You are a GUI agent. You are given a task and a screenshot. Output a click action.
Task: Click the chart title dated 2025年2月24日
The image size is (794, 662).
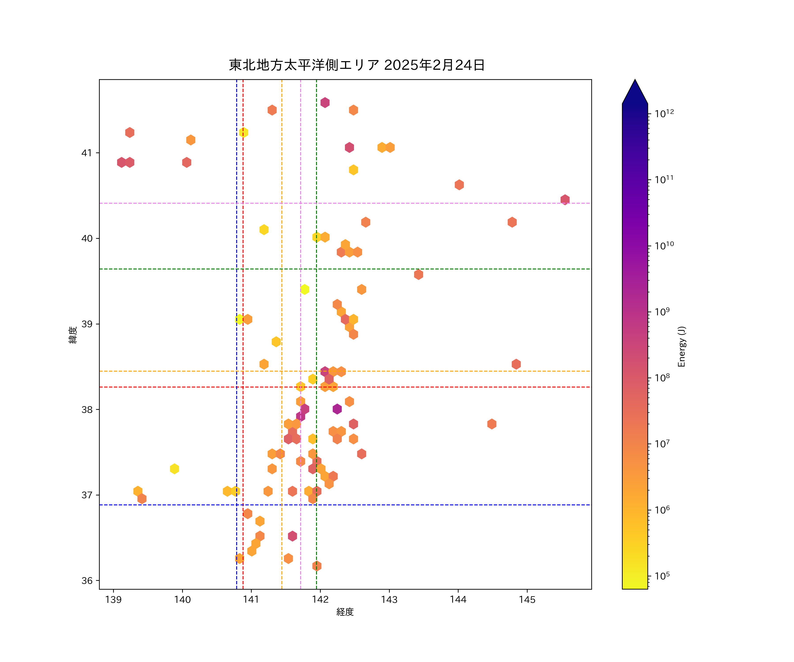click(357, 65)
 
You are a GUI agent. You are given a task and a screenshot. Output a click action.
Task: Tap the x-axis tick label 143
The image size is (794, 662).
click(389, 600)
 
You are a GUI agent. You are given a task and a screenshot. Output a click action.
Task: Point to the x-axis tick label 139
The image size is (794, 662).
click(113, 600)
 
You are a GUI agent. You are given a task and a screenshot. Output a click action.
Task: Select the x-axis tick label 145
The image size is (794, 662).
click(527, 600)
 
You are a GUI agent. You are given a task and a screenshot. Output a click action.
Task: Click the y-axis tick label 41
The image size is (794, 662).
click(87, 153)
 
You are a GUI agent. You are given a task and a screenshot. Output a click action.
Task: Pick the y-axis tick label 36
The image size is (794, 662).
click(87, 581)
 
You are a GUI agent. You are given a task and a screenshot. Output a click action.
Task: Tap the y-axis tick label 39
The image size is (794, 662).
click(87, 324)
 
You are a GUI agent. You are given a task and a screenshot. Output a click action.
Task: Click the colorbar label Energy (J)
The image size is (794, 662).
click(681, 346)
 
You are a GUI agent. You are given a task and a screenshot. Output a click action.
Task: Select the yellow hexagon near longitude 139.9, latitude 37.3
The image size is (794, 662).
click(174, 469)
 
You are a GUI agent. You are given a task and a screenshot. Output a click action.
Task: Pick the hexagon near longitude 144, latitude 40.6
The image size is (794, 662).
click(459, 185)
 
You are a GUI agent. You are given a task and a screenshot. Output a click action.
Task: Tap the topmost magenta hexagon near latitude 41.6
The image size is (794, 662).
click(325, 103)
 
